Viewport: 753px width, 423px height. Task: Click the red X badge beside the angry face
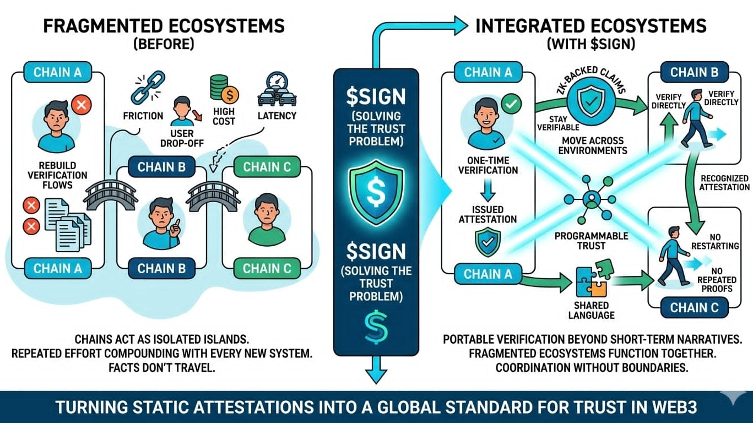(x=82, y=104)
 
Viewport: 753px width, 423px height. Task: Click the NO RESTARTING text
(x=717, y=241)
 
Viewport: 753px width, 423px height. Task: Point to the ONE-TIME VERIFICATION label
(x=488, y=165)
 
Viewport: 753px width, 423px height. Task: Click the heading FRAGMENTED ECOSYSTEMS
(x=164, y=26)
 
